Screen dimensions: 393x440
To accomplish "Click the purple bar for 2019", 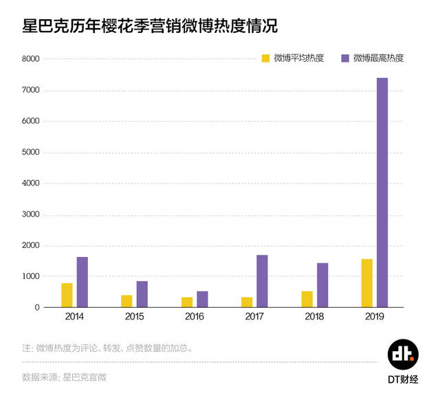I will (x=382, y=192).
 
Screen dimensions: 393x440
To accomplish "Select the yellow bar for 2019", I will (x=367, y=283).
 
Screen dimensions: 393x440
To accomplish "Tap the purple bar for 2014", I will (x=82, y=282).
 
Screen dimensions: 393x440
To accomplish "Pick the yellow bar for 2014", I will (x=67, y=295).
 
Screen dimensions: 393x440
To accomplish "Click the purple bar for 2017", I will (x=262, y=281).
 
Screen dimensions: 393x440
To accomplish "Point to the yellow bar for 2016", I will (x=187, y=302).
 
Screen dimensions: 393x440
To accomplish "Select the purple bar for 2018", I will (x=322, y=285).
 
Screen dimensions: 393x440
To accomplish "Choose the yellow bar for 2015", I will (x=126, y=301).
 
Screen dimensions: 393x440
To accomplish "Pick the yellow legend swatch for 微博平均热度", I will (x=265, y=58).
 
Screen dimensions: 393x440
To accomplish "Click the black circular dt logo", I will (x=402, y=353).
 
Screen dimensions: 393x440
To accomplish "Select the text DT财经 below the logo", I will (x=403, y=379).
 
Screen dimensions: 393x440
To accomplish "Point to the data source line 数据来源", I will (x=65, y=377).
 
